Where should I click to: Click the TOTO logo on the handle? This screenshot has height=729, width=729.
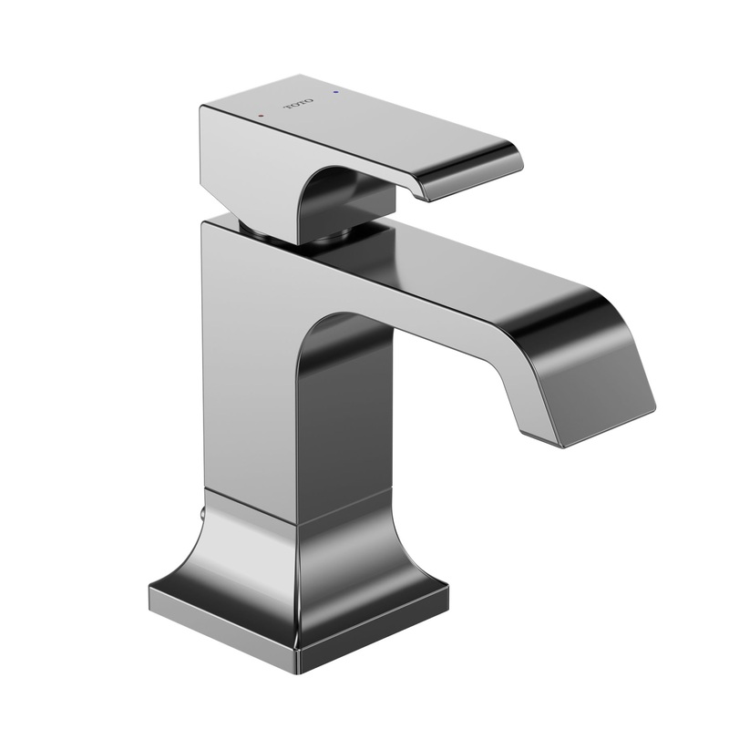click(x=300, y=104)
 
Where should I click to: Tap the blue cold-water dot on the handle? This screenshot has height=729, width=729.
click(x=339, y=93)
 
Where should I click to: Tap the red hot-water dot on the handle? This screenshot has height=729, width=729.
click(x=261, y=117)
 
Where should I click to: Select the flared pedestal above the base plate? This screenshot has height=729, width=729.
click(x=301, y=556)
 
